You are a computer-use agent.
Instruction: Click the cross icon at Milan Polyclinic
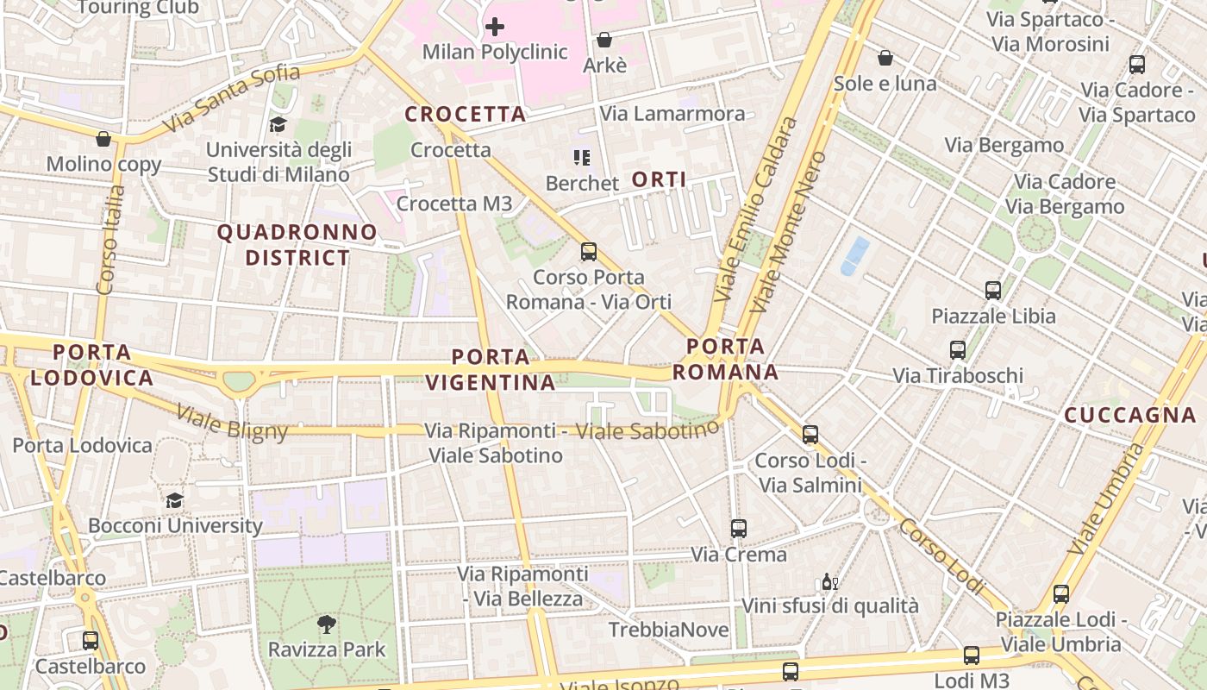pyautogui.click(x=494, y=27)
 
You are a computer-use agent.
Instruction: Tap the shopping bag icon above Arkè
pyautogui.click(x=604, y=40)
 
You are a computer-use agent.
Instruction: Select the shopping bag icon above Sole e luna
pyautogui.click(x=885, y=58)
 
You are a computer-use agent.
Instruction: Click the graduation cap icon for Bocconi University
pyautogui.click(x=174, y=500)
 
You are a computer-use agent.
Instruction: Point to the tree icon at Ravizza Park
pyautogui.click(x=327, y=623)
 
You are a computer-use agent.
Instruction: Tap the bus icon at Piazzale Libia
pyautogui.click(x=993, y=291)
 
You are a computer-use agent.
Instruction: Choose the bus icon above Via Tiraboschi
pyautogui.click(x=957, y=350)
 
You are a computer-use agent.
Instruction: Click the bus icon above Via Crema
pyautogui.click(x=739, y=529)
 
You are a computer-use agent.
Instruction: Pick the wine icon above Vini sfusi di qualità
pyautogui.click(x=829, y=581)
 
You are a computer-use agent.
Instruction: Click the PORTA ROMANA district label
pyautogui.click(x=726, y=360)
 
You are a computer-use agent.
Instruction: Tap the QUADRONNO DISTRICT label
pyautogui.click(x=297, y=245)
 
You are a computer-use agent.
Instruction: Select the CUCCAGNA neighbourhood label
pyautogui.click(x=1129, y=415)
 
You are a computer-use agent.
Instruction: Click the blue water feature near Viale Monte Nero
pyautogui.click(x=854, y=255)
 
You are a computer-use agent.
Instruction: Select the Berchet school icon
pyautogui.click(x=582, y=158)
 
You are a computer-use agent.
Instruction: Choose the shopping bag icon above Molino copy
pyautogui.click(x=103, y=139)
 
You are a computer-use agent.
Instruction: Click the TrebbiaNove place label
pyautogui.click(x=668, y=630)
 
